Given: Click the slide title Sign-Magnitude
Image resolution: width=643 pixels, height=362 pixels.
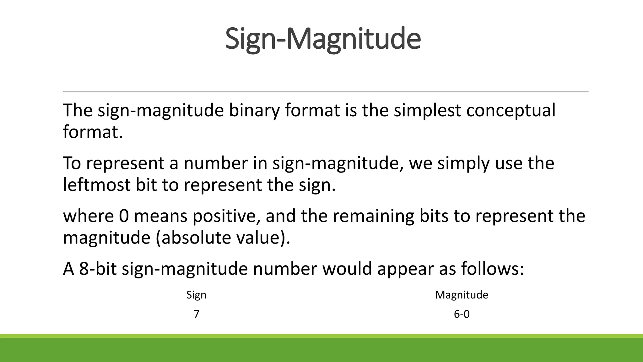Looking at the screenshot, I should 323,39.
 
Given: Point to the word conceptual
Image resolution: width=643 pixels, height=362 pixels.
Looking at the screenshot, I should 511,111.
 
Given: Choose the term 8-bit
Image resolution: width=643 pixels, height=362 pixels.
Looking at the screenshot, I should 97,269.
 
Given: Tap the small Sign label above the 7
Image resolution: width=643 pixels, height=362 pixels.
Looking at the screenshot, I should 196,295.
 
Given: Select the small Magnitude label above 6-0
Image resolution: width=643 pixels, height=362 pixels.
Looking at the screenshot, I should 462,295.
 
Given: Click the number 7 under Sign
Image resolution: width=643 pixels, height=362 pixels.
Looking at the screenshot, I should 196,314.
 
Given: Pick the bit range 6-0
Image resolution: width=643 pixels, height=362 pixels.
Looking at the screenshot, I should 462,314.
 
